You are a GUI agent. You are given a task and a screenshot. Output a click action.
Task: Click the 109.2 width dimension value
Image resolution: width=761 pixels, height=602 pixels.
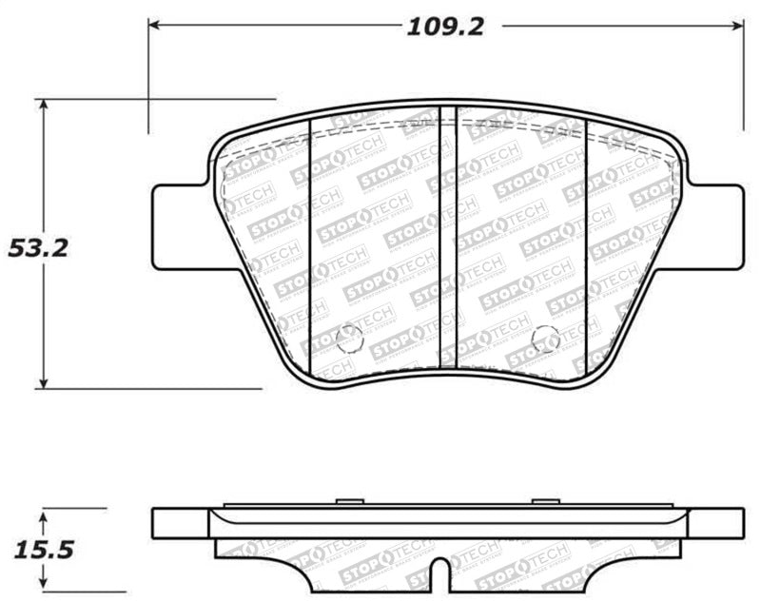click(x=445, y=26)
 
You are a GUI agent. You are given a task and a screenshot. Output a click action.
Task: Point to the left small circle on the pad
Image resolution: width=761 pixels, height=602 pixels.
click(x=349, y=338)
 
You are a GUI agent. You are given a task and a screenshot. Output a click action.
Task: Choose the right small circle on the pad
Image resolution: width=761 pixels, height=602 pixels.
click(x=545, y=338)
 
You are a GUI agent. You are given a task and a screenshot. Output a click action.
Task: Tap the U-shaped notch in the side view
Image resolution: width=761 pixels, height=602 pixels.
click(x=439, y=575)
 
